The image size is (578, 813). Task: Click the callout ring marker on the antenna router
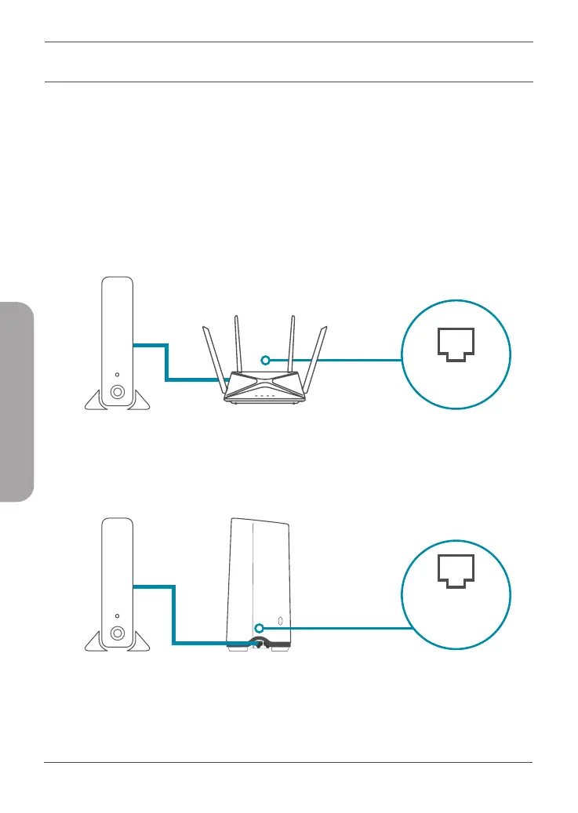point(266,360)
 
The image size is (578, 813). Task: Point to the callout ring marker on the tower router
point(258,626)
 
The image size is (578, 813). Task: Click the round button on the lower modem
point(117,633)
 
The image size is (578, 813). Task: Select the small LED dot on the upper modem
point(117,376)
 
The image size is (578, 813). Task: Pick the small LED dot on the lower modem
point(117,615)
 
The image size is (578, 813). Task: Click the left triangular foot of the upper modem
point(95,401)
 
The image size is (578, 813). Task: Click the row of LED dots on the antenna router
point(265,396)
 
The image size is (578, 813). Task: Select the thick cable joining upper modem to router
point(166,361)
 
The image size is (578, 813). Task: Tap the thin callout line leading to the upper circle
point(337,360)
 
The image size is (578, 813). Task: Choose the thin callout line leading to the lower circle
point(337,626)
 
